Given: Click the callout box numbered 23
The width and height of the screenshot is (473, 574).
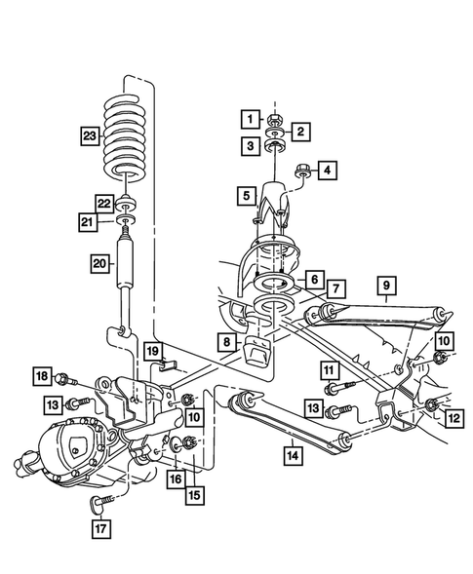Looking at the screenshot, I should [x=90, y=134].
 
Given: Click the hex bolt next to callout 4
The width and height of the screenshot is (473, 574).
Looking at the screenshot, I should [x=300, y=170].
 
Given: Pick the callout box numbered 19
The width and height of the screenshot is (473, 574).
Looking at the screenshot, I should [x=152, y=349].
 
